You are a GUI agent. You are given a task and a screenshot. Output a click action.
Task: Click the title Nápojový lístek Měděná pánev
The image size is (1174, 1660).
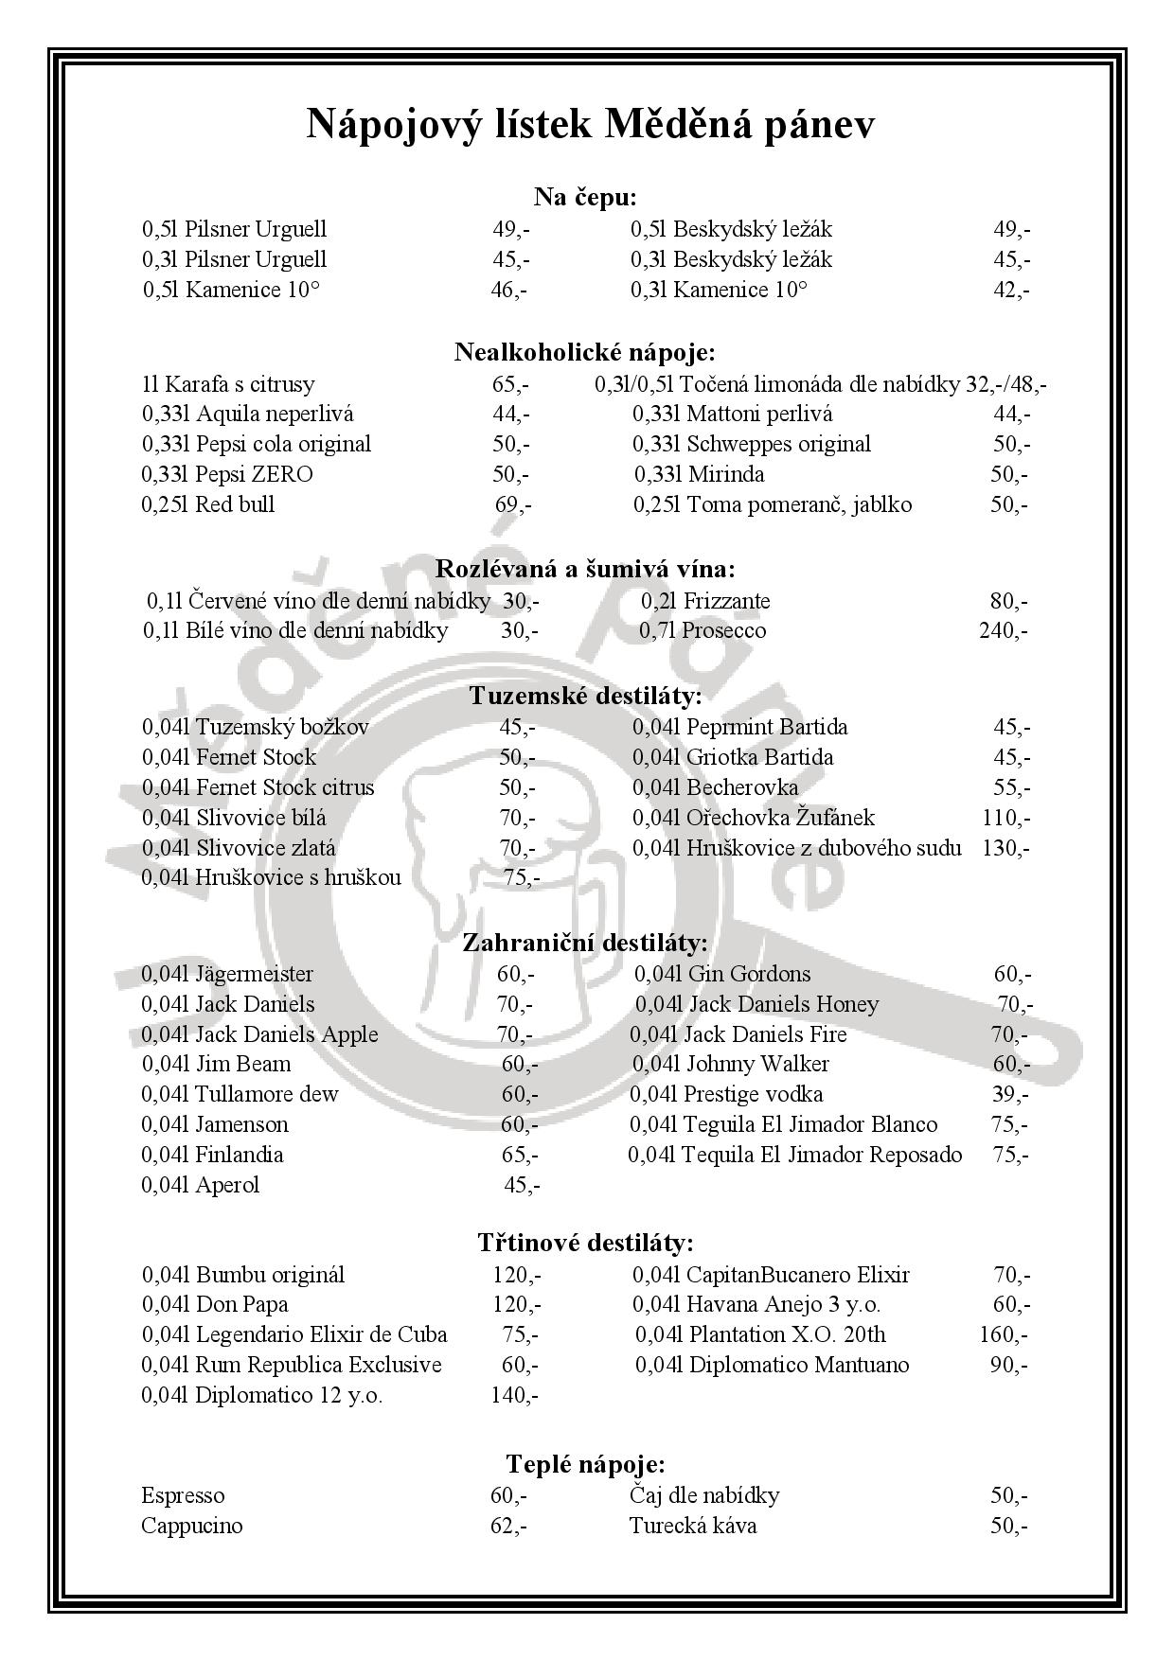point(590,125)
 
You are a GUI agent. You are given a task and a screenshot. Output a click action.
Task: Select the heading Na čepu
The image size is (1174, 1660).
point(585,197)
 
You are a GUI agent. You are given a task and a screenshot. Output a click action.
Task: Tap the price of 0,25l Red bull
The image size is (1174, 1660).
point(513,504)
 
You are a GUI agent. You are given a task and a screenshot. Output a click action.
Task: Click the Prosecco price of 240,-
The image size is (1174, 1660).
point(1003,630)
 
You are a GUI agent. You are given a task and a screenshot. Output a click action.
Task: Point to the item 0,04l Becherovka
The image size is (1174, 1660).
point(715,787)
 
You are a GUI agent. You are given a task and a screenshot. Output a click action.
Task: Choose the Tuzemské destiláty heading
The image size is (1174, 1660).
point(586,697)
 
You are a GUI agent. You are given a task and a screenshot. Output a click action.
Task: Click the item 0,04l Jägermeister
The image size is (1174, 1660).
point(227,974)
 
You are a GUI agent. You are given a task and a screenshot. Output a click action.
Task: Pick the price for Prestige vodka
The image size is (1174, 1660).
point(1010,1095)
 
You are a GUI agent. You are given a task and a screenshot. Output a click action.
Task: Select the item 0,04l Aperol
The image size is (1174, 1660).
point(200,1185)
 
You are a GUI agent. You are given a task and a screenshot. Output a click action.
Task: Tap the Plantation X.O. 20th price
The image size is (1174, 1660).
point(1003,1335)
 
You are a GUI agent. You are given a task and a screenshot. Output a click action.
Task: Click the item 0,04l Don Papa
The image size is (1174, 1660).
point(215,1305)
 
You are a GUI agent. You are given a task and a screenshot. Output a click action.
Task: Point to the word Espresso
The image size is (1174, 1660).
point(183,1496)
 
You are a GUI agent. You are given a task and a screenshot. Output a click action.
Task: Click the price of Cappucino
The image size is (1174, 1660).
point(508,1526)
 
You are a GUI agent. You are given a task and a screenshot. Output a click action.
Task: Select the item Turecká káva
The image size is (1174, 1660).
point(692,1526)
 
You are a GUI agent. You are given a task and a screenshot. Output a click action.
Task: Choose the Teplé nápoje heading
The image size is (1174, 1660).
point(585,1465)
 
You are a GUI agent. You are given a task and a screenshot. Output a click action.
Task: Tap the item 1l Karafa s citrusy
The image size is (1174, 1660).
point(228,384)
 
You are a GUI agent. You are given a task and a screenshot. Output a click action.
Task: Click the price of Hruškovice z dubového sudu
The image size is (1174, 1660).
point(1005,848)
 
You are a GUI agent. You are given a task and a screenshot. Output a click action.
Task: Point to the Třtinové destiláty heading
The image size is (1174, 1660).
point(585,1243)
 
